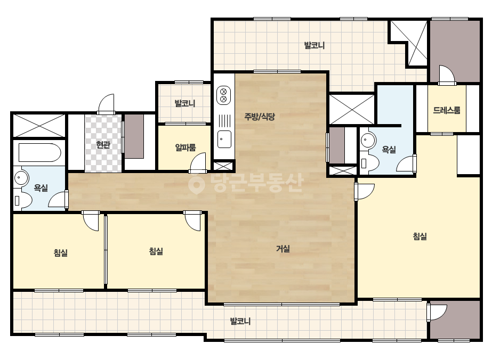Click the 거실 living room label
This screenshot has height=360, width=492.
click(x=283, y=249)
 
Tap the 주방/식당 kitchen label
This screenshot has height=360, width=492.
click(x=260, y=117)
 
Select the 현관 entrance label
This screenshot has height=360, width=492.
click(x=103, y=145)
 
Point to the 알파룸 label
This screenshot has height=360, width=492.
click(x=185, y=147)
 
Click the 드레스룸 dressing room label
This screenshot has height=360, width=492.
click(x=447, y=110)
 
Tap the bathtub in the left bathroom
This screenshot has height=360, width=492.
click(x=39, y=152)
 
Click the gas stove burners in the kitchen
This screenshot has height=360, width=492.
click(x=224, y=95)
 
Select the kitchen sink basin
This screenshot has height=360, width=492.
click(x=224, y=139)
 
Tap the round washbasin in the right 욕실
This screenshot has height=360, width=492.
click(x=368, y=140)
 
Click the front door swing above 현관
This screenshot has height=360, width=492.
click(x=106, y=103)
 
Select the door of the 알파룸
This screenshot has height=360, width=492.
click(x=198, y=162)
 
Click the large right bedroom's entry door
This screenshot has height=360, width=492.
click(x=365, y=191)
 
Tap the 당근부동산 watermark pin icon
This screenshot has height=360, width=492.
click(x=197, y=184)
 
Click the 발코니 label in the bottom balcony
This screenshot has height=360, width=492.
click(x=240, y=321)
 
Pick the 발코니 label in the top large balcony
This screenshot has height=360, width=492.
click(x=314, y=45)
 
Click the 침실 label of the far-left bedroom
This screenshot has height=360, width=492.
click(x=61, y=252)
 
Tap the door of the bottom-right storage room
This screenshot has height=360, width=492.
click(x=437, y=312)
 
